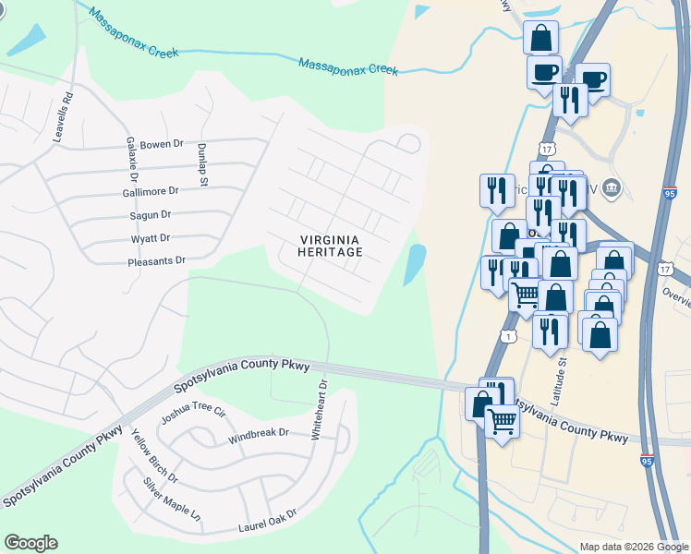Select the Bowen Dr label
pyautogui.click(x=163, y=145)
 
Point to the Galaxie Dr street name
pyautogui.click(x=133, y=161)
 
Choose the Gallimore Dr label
pyautogui.click(x=150, y=190)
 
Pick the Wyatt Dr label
pyautogui.click(x=152, y=238)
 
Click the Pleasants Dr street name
pyautogui.click(x=156, y=261)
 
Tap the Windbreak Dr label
pyautogui.click(x=259, y=432)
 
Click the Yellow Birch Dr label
pyautogui.click(x=154, y=458)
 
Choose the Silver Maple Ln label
pyautogui.click(x=171, y=500)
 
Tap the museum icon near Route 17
pyautogui.click(x=611, y=189)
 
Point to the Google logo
pyautogui.click(x=30, y=543)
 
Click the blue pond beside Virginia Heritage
pyautogui.click(x=415, y=265)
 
